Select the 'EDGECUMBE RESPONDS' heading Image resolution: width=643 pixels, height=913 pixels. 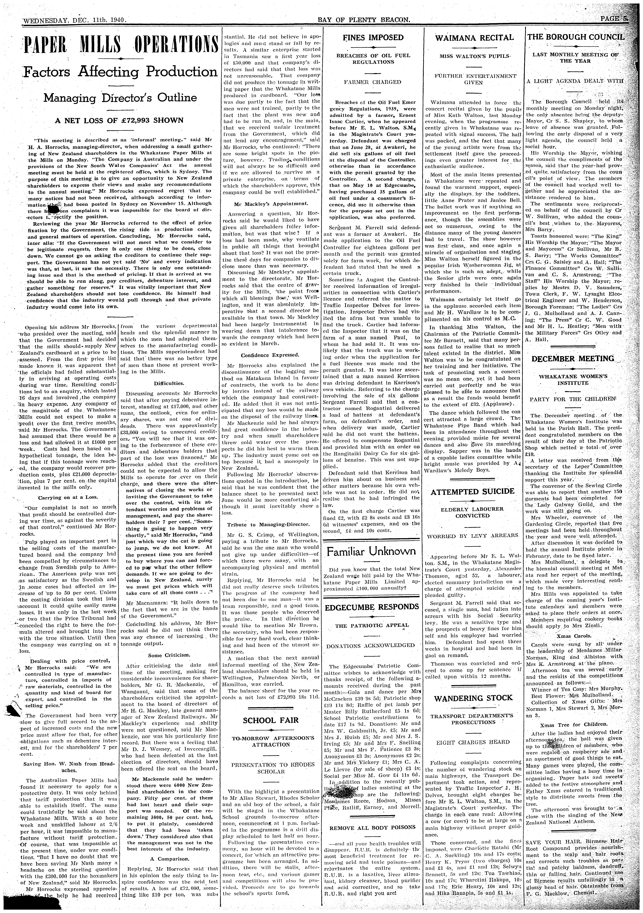tap(372, 607)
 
